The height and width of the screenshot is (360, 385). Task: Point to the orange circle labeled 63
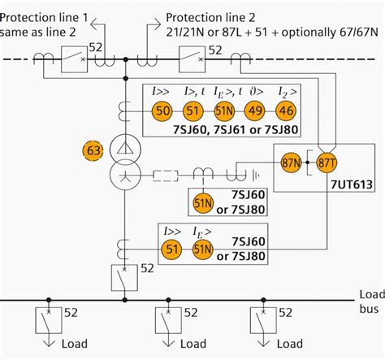pyautogui.click(x=96, y=150)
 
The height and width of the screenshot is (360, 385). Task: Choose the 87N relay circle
pyautogui.click(x=291, y=163)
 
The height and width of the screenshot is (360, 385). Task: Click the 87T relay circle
pyautogui.click(x=327, y=163)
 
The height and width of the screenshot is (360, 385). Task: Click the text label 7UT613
pyautogui.click(x=350, y=185)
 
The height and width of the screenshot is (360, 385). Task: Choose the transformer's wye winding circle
pyautogui.click(x=124, y=174)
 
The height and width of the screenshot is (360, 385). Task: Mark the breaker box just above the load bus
pyautogui.click(x=124, y=276)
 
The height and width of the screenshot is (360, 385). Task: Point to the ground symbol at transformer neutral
pyautogui.click(x=257, y=173)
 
